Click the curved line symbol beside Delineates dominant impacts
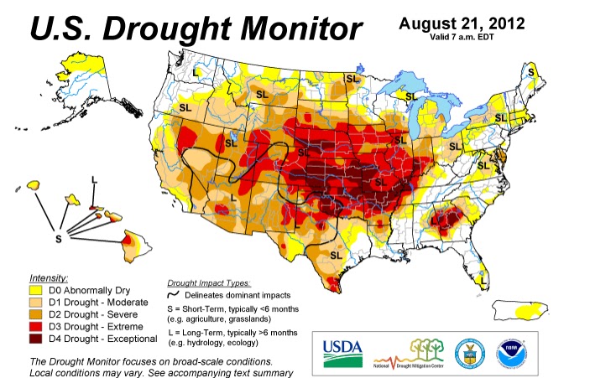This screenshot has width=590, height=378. [175, 296]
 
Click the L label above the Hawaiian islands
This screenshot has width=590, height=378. [93, 181]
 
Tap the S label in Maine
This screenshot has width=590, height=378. [530, 73]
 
